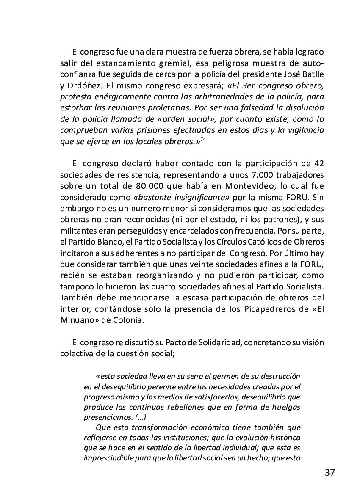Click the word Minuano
click(x=78, y=320)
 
